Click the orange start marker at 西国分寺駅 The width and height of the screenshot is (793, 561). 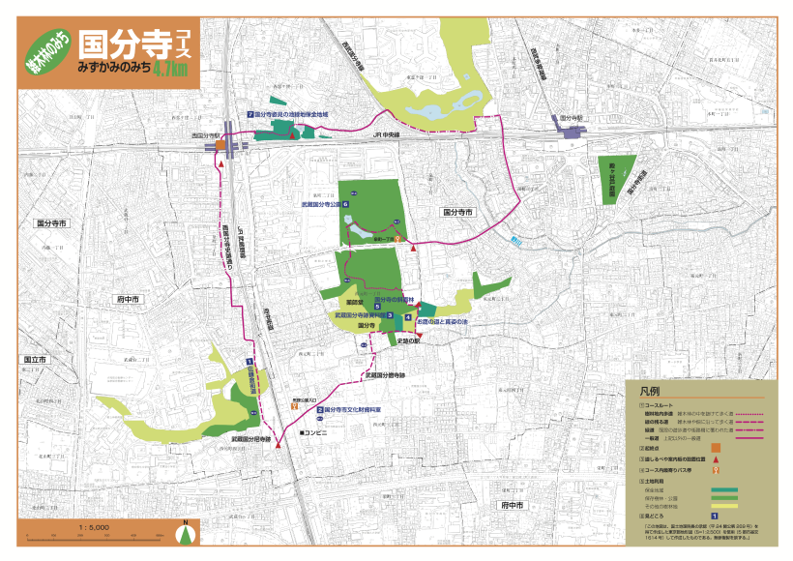220,146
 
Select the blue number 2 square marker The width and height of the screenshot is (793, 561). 319,409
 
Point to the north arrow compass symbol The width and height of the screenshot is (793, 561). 184,531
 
